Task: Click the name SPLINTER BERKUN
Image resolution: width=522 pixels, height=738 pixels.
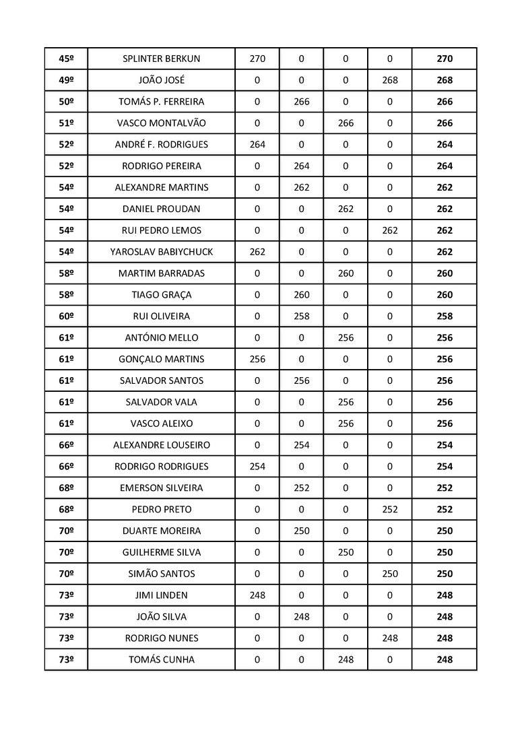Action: tap(161, 59)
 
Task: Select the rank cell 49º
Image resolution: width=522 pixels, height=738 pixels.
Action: tap(66, 80)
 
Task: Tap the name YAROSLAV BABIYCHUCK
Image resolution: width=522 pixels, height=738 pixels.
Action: tap(161, 252)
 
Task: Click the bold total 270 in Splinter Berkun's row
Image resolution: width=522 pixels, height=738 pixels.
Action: tap(445, 59)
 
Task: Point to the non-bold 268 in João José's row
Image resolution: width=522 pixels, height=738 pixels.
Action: tap(389, 80)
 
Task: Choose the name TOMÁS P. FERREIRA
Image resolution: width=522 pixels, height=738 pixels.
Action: tap(161, 102)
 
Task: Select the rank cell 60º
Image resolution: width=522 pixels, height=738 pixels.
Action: tap(66, 316)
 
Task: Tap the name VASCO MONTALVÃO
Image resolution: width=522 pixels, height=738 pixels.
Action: tap(161, 123)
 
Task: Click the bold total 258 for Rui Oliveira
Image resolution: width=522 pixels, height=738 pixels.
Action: tap(445, 316)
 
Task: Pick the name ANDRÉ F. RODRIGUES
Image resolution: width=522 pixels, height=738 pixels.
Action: tap(161, 145)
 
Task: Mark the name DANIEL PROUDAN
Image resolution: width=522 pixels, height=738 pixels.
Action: tap(161, 209)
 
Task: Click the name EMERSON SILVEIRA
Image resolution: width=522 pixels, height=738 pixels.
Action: tap(161, 488)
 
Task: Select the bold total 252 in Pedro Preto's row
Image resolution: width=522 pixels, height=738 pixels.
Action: tap(445, 510)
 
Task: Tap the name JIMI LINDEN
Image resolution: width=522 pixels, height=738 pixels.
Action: tap(161, 595)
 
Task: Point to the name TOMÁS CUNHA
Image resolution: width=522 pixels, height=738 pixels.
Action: tap(161, 660)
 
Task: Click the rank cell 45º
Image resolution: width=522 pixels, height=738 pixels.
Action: tap(66, 59)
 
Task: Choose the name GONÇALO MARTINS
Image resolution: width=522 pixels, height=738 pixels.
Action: tap(161, 360)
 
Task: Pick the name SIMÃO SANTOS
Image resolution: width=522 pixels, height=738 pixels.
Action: tap(161, 574)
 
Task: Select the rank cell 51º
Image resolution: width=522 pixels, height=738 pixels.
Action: tap(66, 123)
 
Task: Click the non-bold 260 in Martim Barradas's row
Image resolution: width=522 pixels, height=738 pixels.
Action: tap(346, 273)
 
